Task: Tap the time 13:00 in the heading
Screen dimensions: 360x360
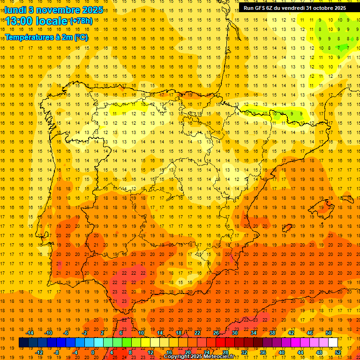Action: [x=21, y=21]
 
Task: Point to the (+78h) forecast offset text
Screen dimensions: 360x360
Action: [x=81, y=21]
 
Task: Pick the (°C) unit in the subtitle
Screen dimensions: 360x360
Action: [x=81, y=37]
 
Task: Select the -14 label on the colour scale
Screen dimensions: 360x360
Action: [x=30, y=333]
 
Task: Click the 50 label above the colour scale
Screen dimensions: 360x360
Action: [x=329, y=333]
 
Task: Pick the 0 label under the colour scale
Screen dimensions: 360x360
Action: [x=93, y=352]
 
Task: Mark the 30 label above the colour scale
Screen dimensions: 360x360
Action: [x=234, y=333]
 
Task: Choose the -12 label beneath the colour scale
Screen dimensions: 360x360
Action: [x=39, y=352]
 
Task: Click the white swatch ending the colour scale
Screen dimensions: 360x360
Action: [x=333, y=343]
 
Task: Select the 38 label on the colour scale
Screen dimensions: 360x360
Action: [x=272, y=333]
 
